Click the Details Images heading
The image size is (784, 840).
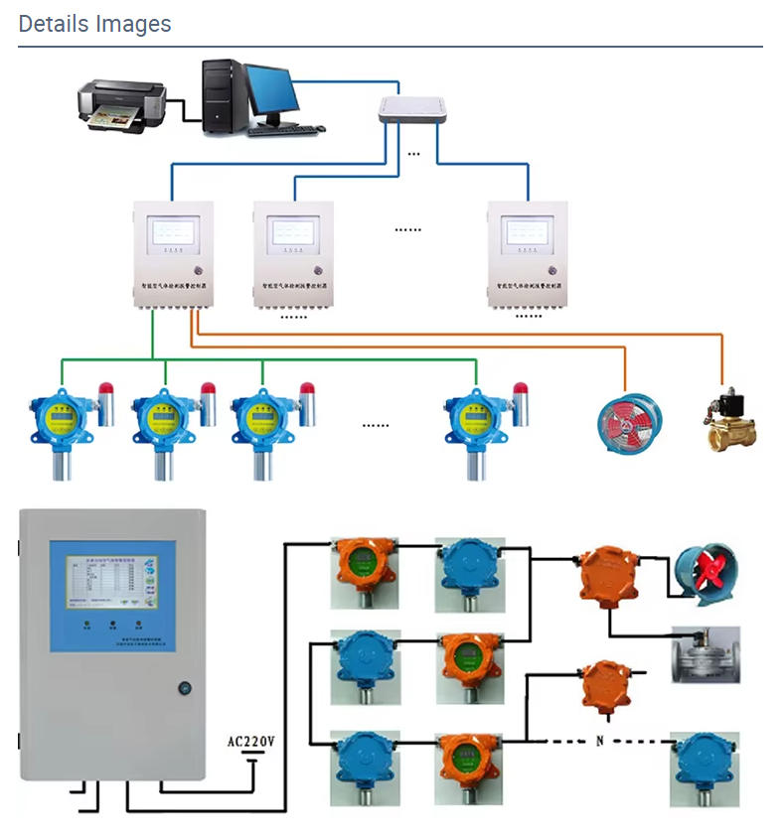coord(94,24)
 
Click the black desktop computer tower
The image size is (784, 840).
coord(223,96)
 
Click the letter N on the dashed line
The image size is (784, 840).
coord(599,742)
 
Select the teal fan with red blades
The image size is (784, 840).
coord(706,573)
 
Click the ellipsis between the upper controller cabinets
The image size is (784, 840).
coord(407,229)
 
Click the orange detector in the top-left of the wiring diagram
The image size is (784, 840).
coord(365,572)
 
